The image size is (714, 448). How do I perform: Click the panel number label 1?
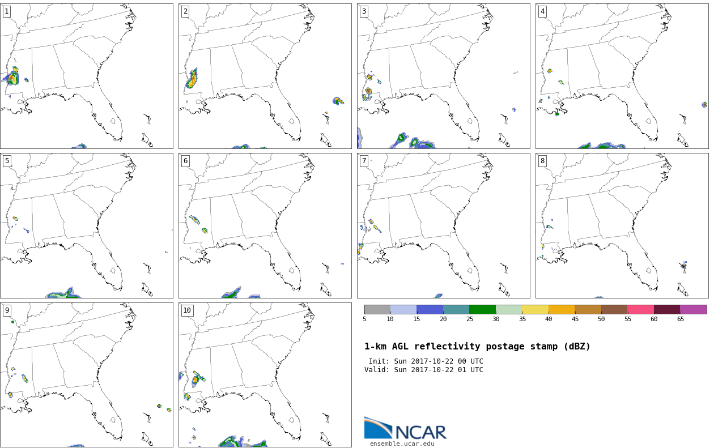point(7,12)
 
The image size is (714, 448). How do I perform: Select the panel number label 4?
point(542,12)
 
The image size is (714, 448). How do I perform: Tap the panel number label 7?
point(364,161)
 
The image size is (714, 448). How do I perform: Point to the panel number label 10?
point(187,310)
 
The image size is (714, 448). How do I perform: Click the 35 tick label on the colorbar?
point(522,319)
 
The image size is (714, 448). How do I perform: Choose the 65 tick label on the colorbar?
point(680,319)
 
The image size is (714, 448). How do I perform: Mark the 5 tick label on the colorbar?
point(364,319)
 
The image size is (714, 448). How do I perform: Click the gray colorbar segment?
point(377,309)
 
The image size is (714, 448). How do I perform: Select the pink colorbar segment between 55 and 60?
point(641,309)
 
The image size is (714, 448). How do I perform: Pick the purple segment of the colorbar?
point(694,309)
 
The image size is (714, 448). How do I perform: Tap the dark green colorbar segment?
point(483,309)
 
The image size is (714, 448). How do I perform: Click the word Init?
point(379,361)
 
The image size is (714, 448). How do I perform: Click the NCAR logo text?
point(421,432)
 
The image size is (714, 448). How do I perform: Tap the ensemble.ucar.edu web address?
point(402,443)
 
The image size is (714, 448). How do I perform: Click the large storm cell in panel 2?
point(192,79)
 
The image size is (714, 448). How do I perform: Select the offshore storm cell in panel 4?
point(704,105)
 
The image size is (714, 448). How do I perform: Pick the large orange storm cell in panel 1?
point(12,77)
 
